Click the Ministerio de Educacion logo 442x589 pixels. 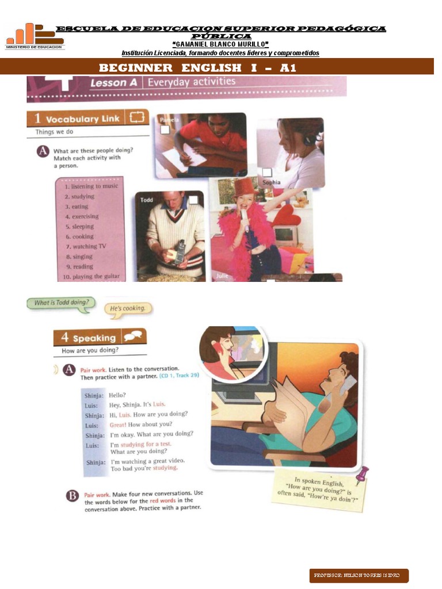tap(35, 37)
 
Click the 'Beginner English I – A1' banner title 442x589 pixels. tap(197, 68)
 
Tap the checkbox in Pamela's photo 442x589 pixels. tap(165, 131)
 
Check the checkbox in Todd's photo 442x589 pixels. tap(193, 200)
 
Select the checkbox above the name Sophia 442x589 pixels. tap(266, 172)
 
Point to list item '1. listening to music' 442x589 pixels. tap(91, 186)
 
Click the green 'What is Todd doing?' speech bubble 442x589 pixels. tap(60, 303)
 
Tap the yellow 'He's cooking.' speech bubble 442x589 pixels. tap(129, 309)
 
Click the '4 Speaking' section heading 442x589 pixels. tap(100, 338)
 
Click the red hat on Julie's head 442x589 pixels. tap(244, 187)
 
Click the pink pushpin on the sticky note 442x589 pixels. tap(363, 475)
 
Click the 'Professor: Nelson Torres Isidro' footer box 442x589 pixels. tap(359, 575)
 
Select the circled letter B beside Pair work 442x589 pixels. tap(71, 495)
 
